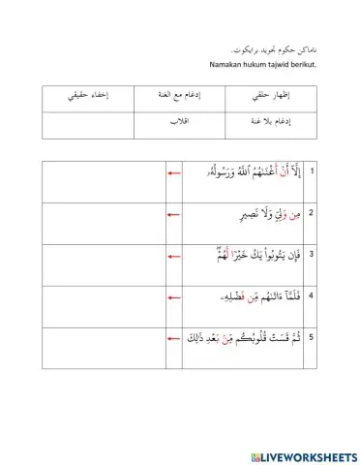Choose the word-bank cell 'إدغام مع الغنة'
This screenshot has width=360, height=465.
(178, 98)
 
